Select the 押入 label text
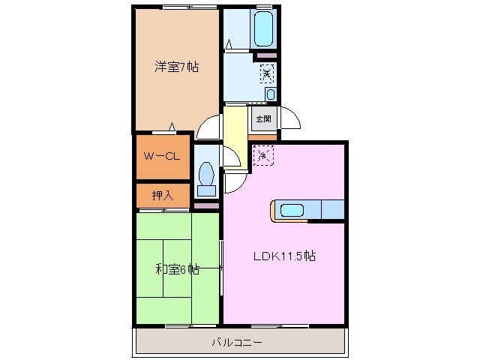pyautogui.click(x=162, y=195)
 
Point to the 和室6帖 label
pyautogui.click(x=177, y=269)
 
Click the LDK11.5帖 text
pyautogui.click(x=283, y=256)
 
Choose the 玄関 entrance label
pyautogui.click(x=262, y=118)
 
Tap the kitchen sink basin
pyautogui.click(x=292, y=211)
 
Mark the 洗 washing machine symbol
pyautogui.click(x=267, y=73)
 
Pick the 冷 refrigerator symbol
pyautogui.click(x=263, y=155)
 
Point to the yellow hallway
pyautogui.click(x=235, y=126)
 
